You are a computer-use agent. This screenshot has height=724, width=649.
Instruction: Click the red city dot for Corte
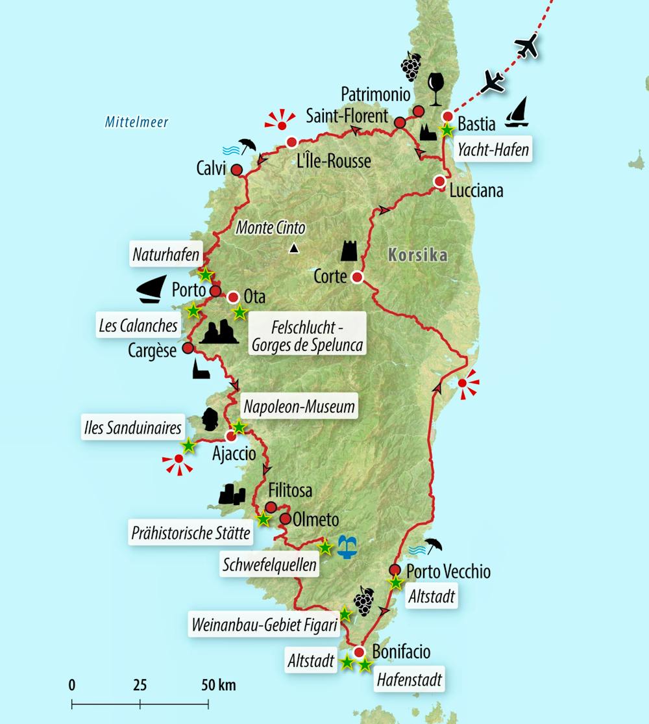click(x=356, y=278)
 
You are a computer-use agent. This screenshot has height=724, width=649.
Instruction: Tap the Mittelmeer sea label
click(x=136, y=122)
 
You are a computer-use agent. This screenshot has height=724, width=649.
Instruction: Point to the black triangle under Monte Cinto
click(x=294, y=248)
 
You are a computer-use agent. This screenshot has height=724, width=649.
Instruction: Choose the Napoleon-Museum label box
click(x=299, y=407)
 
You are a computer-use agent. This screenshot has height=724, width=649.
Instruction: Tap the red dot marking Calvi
click(x=237, y=170)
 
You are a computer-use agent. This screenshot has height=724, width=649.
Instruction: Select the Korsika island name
click(x=417, y=255)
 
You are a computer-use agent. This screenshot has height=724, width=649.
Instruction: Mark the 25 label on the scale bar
click(x=140, y=684)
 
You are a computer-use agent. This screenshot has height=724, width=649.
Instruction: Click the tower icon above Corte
click(x=350, y=250)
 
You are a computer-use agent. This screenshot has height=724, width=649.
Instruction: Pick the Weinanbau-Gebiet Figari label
click(x=264, y=625)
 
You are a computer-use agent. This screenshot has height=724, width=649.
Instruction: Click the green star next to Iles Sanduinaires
click(x=188, y=446)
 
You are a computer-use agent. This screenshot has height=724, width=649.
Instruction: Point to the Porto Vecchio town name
click(x=448, y=571)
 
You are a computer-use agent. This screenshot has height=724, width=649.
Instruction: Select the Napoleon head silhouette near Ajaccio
click(x=209, y=420)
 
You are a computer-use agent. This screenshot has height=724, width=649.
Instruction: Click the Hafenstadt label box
click(x=410, y=680)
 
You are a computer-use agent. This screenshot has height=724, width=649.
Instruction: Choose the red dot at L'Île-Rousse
click(x=292, y=142)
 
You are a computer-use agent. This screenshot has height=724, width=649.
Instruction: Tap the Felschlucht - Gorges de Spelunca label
click(x=308, y=333)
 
